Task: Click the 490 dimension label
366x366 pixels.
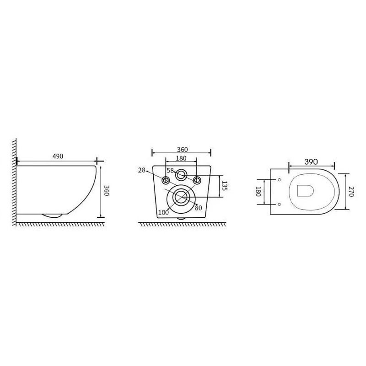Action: coord(58,156)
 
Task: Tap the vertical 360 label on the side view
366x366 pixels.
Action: coord(107,190)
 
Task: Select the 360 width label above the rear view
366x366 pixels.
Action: coord(182,150)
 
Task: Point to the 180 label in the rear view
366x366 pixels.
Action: coord(181,158)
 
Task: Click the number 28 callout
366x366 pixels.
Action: coord(142,170)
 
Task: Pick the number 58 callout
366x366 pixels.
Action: coord(170,171)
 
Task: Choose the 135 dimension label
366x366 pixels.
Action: coord(224,186)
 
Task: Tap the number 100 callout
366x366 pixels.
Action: coord(163,212)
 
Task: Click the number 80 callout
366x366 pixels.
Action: coord(199,208)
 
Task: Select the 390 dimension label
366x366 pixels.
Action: coord(311,161)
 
